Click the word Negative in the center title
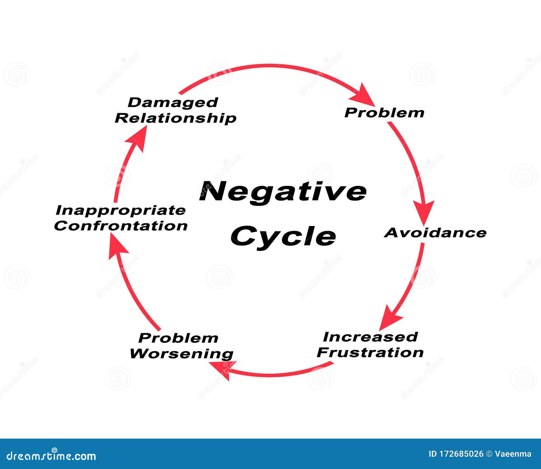[283, 191]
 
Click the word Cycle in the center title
[283, 236]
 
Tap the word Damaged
[173, 102]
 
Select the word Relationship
[175, 118]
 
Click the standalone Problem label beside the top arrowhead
[384, 113]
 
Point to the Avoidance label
[436, 232]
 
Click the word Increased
[370, 337]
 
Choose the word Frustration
[370, 352]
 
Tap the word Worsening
[182, 353]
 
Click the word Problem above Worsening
[178, 338]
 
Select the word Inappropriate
[120, 210]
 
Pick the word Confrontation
[121, 226]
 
